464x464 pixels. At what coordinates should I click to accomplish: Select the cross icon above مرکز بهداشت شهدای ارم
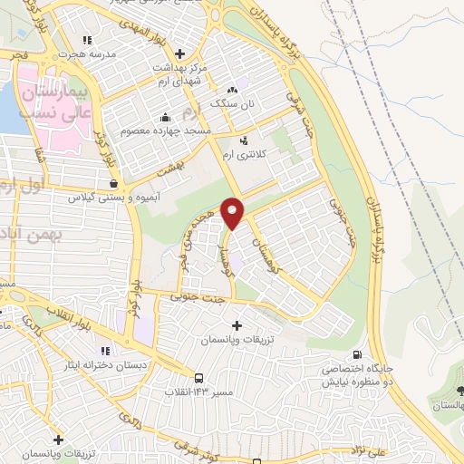click(179, 53)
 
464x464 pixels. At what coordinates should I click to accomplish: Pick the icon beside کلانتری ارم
click(244, 140)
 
